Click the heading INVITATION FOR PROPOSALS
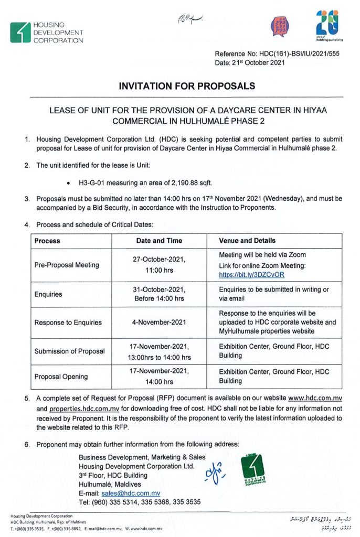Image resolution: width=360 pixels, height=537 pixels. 180,86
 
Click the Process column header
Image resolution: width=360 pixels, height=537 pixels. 47,241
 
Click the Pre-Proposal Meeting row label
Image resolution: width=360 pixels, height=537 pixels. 67,265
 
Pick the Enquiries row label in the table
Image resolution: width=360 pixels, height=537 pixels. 48,294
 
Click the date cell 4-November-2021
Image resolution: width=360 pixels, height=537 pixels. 158,323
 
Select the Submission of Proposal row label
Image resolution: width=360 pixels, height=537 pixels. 70,351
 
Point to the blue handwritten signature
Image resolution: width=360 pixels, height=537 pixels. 214,471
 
